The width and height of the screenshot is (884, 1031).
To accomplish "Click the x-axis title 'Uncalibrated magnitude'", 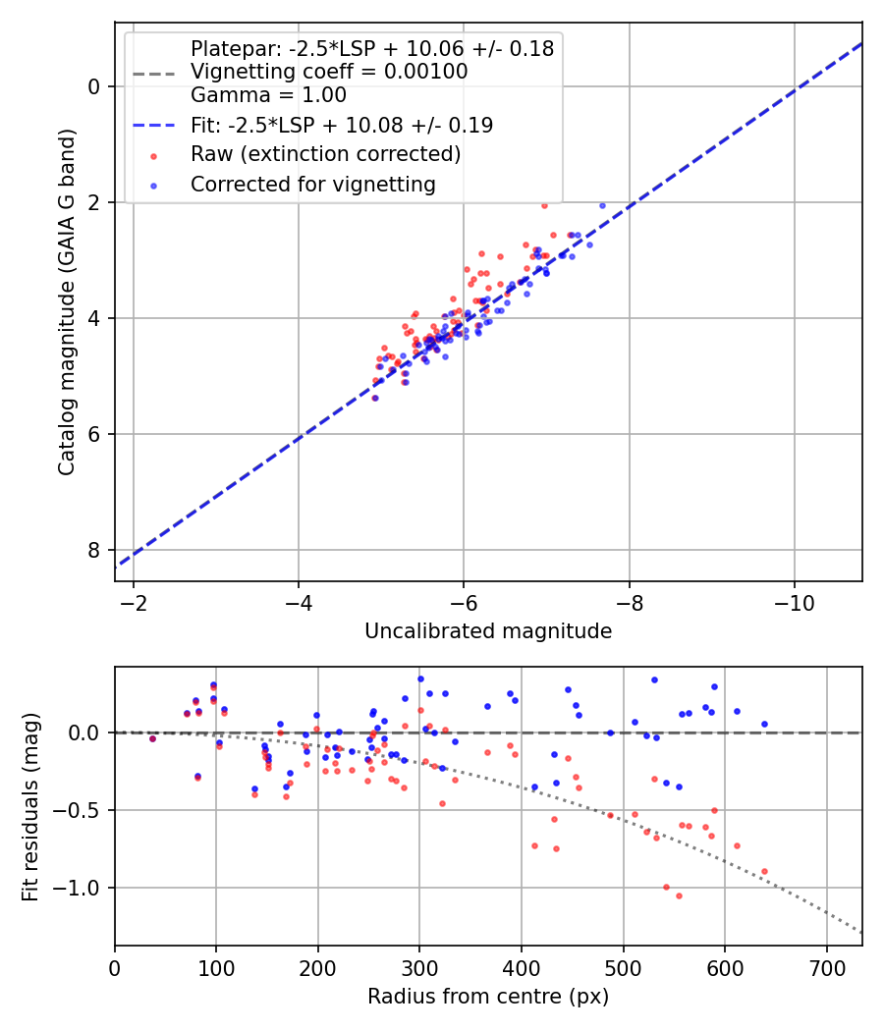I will click(488, 631).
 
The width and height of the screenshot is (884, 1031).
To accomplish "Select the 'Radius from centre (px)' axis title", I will click(488, 997).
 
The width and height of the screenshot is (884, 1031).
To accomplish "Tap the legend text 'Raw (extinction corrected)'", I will click(325, 154).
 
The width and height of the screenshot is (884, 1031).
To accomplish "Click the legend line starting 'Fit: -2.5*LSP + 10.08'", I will click(342, 125).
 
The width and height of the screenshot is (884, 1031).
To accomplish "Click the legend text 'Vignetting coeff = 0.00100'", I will click(329, 72).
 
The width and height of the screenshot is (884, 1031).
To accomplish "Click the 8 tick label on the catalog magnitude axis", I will click(94, 550).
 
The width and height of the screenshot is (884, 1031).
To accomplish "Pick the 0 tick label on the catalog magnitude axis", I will click(94, 86).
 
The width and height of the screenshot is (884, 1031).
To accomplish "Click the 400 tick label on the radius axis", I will click(522, 967).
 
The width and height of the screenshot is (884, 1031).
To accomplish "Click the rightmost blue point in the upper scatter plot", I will click(602, 206).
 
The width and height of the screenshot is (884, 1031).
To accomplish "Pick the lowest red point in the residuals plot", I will click(679, 895).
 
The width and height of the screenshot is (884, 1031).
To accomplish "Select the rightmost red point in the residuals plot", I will click(764, 871).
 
